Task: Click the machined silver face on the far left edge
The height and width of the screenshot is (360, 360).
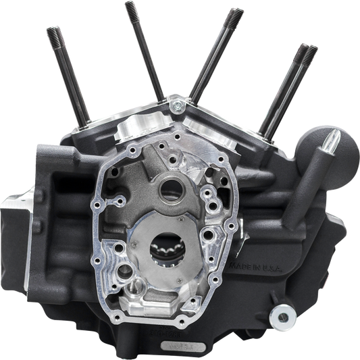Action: tap(10, 223)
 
